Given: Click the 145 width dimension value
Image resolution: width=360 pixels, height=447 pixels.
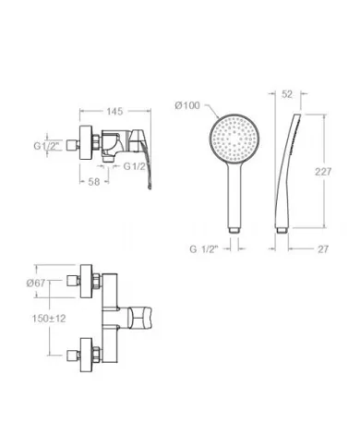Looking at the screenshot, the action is click(114, 111).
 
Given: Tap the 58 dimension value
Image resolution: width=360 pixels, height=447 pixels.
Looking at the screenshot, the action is click(94, 182).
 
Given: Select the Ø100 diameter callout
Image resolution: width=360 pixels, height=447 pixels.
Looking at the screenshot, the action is click(187, 105).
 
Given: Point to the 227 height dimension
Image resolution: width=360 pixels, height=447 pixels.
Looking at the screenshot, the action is click(323, 172).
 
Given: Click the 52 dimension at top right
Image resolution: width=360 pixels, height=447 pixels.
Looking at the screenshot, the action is click(287, 94).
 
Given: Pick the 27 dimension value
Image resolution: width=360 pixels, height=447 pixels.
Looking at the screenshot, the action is click(323, 248).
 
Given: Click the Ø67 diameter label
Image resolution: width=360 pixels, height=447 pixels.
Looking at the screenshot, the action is click(36, 283).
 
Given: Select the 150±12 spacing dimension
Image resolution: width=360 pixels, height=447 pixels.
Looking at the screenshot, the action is click(49, 319).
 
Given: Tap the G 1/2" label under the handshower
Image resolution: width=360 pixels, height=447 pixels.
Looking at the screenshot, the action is click(204, 248).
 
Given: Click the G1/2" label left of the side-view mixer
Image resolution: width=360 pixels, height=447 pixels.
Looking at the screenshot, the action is click(46, 145).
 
